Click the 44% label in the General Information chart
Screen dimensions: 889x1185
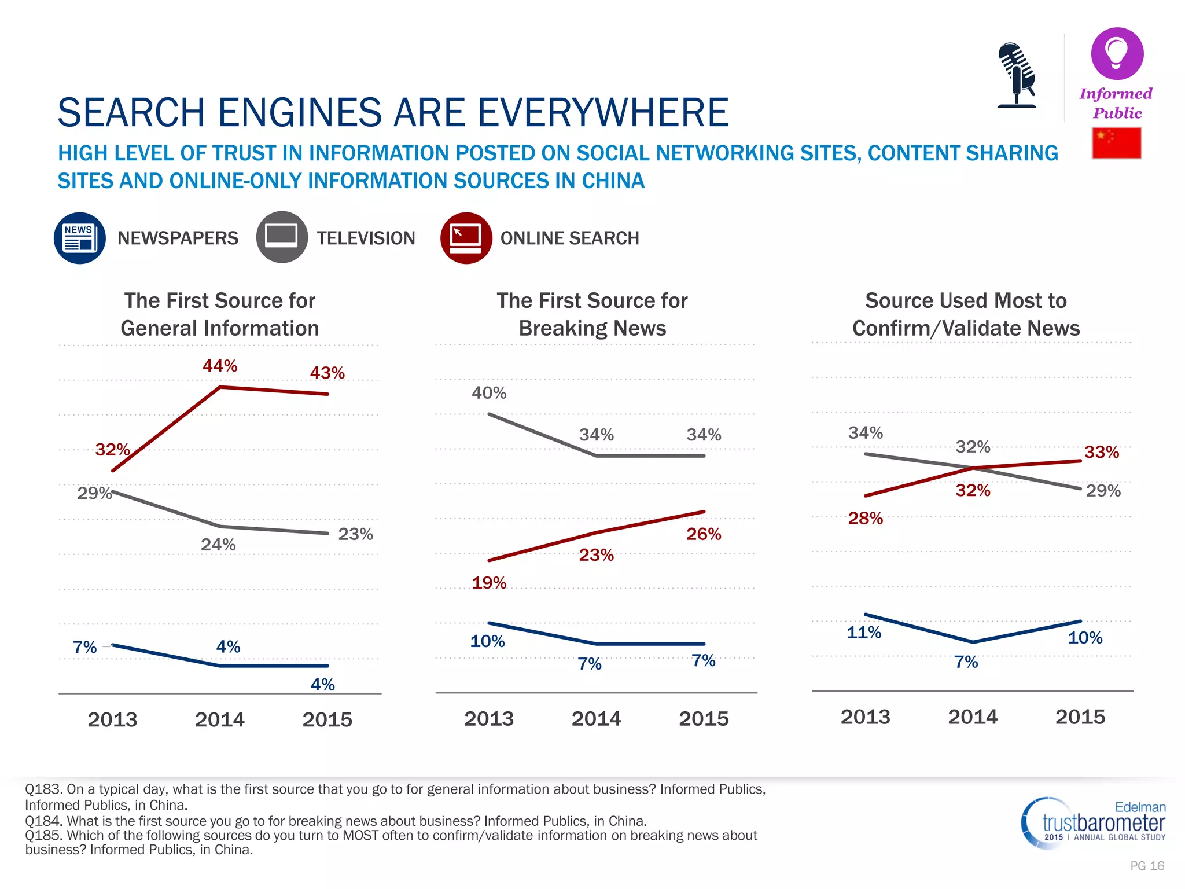220,366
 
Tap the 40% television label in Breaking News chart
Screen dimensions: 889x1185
489,393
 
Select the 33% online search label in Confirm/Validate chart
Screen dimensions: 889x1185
1101,452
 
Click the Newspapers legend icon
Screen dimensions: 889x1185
80,238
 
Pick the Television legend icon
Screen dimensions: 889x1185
281,237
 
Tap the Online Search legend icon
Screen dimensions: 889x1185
466,238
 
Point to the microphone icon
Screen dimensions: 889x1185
1017,75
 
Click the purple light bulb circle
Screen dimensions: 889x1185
1117,53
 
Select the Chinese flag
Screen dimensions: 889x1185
1116,143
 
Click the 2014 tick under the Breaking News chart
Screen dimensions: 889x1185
596,719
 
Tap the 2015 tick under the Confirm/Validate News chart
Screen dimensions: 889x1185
1080,717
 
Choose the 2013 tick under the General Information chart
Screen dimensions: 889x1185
112,720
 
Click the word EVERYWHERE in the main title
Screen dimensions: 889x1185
602,112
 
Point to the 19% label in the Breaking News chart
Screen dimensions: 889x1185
489,583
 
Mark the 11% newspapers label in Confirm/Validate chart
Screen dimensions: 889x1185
863,633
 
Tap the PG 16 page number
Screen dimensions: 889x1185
1147,866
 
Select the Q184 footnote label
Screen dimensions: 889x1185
43,821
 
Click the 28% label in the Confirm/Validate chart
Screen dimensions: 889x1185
865,518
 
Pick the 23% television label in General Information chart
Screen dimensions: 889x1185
355,534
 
